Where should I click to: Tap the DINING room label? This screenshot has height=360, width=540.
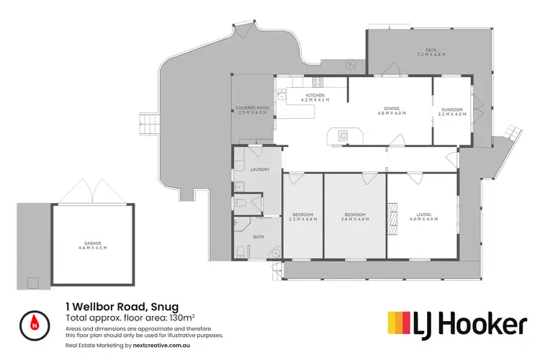tap(392, 109)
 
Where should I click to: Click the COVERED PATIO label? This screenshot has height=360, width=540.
tap(251, 109)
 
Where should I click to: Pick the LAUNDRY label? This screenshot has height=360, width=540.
tap(260, 169)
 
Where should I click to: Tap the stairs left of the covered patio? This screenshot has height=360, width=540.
tap(148, 121)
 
